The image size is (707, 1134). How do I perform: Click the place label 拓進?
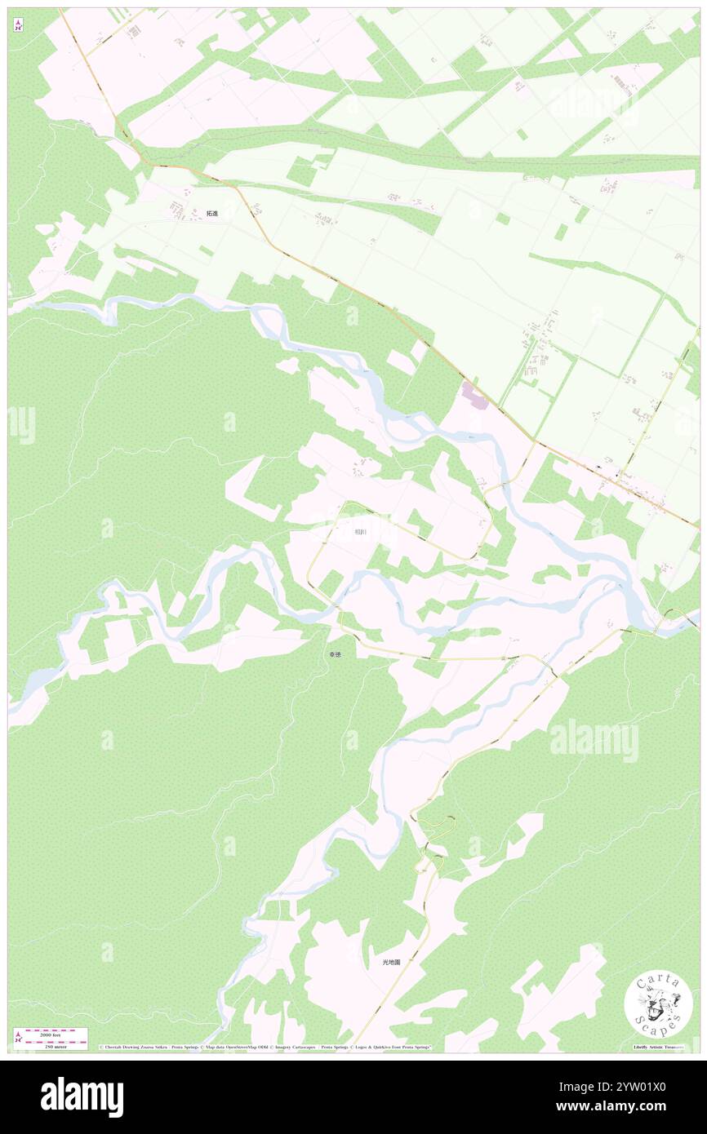pyautogui.click(x=212, y=214)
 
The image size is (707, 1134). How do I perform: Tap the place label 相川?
pyautogui.click(x=360, y=532)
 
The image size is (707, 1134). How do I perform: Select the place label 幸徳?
pyautogui.click(x=336, y=654)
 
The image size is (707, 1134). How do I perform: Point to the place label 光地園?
pyautogui.click(x=392, y=962)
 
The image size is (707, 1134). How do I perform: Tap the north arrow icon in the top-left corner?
pyautogui.click(x=18, y=24)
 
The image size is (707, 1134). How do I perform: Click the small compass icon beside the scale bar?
pyautogui.click(x=18, y=1038)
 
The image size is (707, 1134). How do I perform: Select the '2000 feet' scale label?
pyautogui.click(x=56, y=1032)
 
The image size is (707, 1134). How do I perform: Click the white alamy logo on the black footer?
pyautogui.click(x=82, y=1096)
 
